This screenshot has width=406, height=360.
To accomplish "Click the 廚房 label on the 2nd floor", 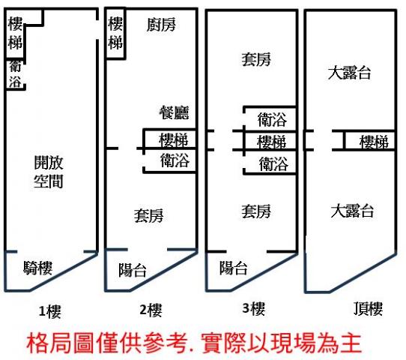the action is click(x=161, y=25).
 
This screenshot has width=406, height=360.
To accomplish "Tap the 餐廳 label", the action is click(x=174, y=112).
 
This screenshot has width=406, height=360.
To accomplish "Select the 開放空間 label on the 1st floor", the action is click(x=49, y=172).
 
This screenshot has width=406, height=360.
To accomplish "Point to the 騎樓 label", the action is click(x=37, y=268).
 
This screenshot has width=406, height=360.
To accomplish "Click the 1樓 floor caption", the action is click(x=50, y=311).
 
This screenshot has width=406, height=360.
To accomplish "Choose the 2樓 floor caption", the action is click(x=151, y=310).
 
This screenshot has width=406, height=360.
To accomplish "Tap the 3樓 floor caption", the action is click(x=254, y=308).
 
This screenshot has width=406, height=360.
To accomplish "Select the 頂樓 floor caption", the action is click(x=368, y=309).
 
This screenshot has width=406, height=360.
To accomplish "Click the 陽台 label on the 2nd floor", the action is click(x=133, y=270).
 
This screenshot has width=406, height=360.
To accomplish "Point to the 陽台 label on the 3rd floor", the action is click(x=233, y=268).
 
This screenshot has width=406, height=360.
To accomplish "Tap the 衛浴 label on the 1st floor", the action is click(x=15, y=74).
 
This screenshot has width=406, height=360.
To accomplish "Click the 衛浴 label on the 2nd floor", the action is click(x=175, y=160).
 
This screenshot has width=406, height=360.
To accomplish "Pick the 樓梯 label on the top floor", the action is click(x=374, y=142).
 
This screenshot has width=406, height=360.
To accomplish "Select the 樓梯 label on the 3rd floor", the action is click(x=272, y=142).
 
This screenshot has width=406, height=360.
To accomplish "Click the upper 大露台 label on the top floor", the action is click(x=349, y=73).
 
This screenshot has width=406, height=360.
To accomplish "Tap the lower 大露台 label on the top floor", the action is click(x=352, y=211).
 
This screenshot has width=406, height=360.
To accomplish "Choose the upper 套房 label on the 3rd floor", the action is click(x=256, y=59).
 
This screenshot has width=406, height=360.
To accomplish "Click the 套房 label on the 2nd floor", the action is click(x=148, y=216).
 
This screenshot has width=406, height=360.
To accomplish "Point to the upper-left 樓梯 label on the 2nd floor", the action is click(x=115, y=33).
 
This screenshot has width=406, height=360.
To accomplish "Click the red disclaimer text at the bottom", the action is click(x=194, y=343).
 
